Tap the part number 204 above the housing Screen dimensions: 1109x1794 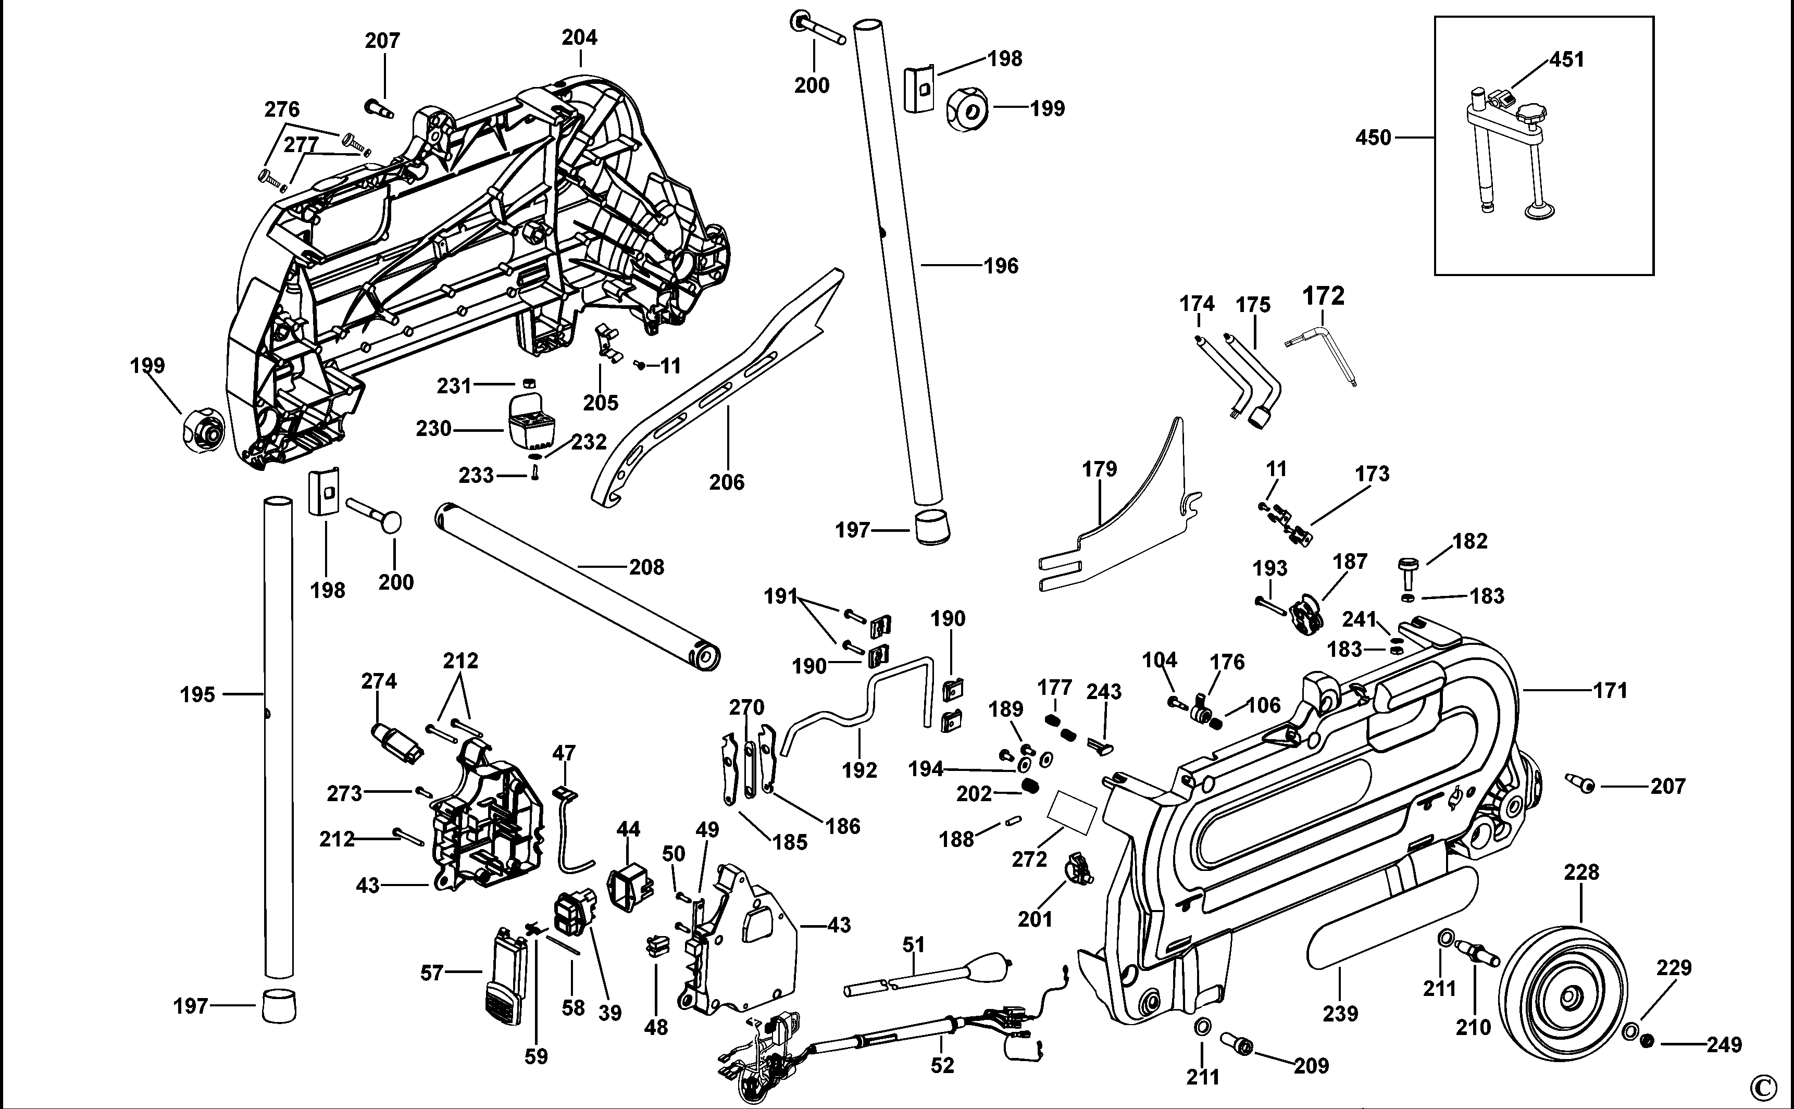[x=579, y=38]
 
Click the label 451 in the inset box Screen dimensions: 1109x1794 [x=1567, y=59]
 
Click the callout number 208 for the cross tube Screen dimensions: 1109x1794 [x=646, y=567]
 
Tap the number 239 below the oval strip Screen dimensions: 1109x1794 [x=1340, y=1014]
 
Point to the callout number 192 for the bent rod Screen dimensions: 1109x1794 [x=859, y=770]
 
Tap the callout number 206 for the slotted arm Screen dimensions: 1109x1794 [x=726, y=482]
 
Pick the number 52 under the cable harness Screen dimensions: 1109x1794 [x=942, y=1065]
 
